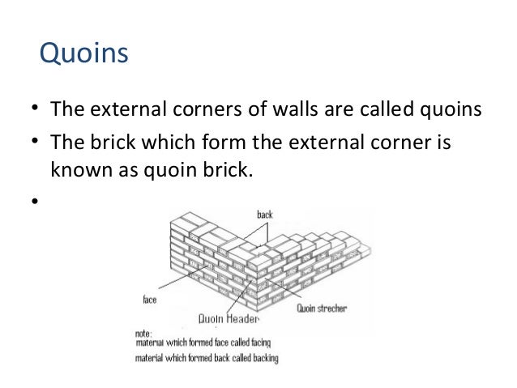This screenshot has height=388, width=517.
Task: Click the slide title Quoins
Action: click(84, 56)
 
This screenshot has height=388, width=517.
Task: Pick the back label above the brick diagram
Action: click(264, 215)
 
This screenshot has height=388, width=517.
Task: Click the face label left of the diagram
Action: click(149, 299)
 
